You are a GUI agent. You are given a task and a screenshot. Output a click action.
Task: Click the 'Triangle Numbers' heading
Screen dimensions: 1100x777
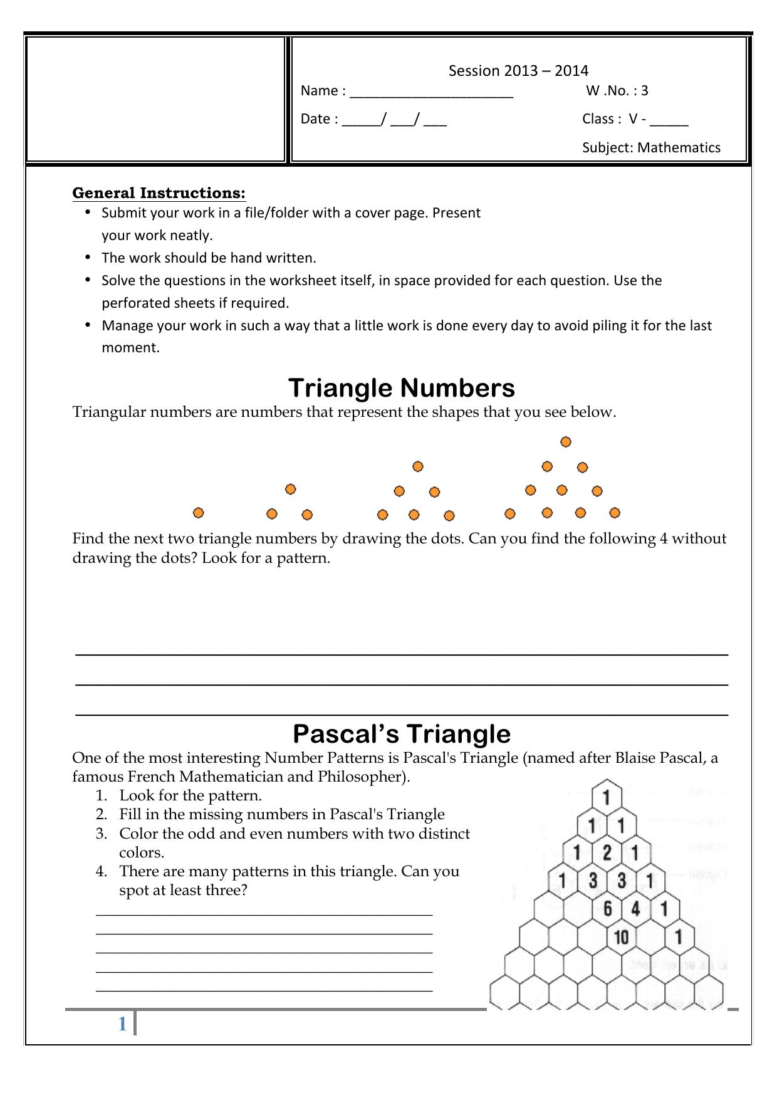(401, 388)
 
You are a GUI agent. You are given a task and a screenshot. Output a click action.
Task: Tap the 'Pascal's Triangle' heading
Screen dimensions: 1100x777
(401, 734)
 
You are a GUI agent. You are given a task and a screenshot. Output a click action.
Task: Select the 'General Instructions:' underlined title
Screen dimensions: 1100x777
(159, 192)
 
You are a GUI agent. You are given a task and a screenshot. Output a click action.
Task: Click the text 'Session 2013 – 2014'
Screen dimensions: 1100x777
(518, 71)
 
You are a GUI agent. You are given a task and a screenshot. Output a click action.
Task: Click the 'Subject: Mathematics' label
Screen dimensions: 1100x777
(651, 148)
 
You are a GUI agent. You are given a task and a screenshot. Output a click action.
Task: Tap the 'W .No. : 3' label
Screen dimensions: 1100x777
(617, 91)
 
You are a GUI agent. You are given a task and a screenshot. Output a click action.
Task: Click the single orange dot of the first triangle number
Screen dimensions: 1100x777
(199, 513)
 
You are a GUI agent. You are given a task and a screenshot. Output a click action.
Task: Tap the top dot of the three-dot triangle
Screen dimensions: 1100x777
(290, 489)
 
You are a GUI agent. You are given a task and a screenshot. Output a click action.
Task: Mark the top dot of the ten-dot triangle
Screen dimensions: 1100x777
(566, 442)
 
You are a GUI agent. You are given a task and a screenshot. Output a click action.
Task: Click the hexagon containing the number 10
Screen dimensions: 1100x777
(621, 938)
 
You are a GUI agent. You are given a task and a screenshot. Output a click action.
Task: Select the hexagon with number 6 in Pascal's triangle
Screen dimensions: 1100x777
(607, 909)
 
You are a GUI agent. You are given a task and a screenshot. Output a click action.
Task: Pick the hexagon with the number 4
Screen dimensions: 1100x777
(635, 909)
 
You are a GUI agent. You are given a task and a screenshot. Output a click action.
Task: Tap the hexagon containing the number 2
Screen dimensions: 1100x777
(607, 852)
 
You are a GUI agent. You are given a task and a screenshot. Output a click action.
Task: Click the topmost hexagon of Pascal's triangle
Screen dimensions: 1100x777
(606, 798)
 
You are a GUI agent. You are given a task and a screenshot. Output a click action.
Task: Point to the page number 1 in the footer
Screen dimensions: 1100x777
(122, 1024)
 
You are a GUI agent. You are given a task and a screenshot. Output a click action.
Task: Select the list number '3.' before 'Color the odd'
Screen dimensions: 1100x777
(102, 834)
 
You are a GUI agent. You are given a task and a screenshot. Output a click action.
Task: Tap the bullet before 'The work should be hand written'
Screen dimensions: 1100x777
(88, 257)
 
